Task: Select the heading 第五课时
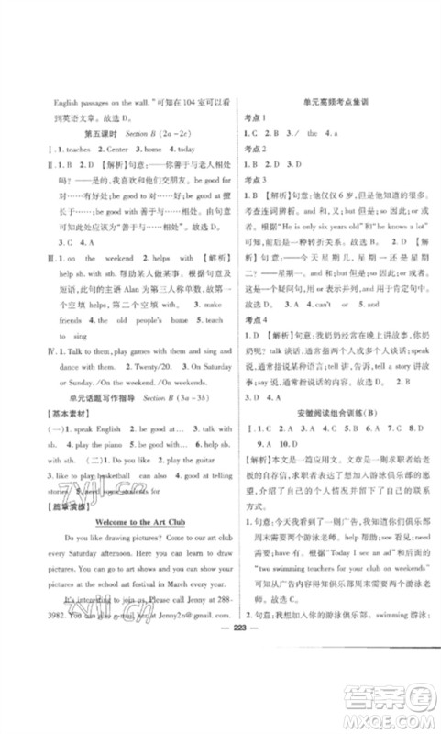point(94,136)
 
